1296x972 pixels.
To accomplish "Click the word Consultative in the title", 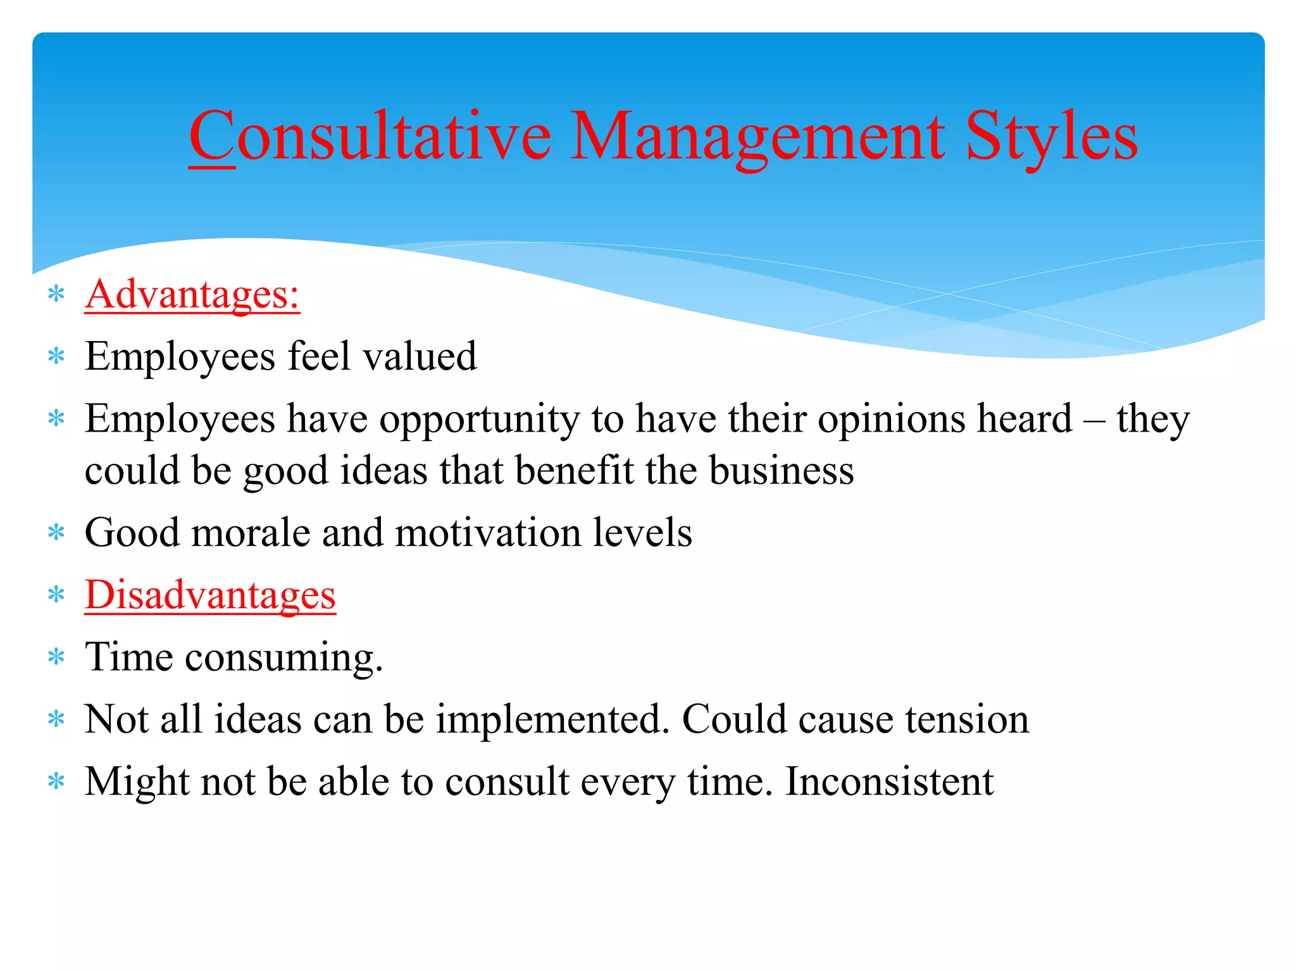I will pyautogui.click(x=370, y=136).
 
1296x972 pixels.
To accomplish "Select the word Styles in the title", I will pyautogui.click(x=1051, y=136).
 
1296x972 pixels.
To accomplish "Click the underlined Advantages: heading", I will pyautogui.click(x=192, y=294).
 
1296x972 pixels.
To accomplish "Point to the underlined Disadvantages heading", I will pyautogui.click(x=210, y=595).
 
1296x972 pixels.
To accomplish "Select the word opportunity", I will pyautogui.click(x=479, y=420).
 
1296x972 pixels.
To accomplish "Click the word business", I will pyautogui.click(x=781, y=470).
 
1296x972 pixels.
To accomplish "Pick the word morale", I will pyautogui.click(x=251, y=532).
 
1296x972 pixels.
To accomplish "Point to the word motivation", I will pyautogui.click(x=488, y=532).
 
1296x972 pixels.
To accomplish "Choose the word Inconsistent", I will pyautogui.click(x=889, y=782).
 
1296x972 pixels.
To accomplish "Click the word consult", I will pyautogui.click(x=507, y=782).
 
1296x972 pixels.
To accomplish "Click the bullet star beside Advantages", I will pyautogui.click(x=57, y=294).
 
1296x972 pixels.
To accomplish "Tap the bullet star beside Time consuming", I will pyautogui.click(x=57, y=657).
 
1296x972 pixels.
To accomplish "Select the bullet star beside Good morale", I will pyautogui.click(x=57, y=532).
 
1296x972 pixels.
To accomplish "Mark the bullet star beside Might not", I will pyautogui.click(x=57, y=782).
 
